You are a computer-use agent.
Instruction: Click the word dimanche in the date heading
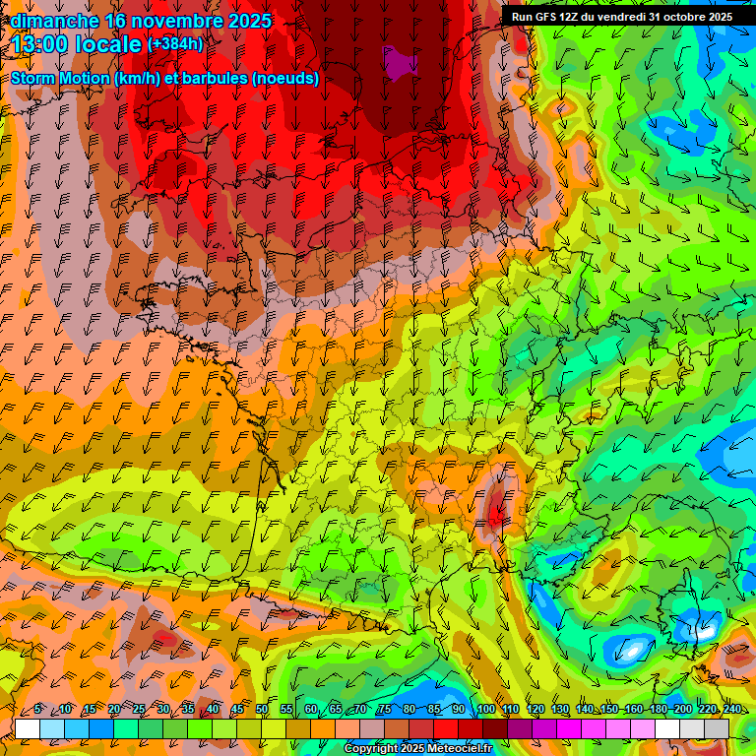[54, 21]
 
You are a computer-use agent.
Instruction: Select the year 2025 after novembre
[246, 21]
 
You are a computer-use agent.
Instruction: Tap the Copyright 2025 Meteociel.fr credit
[417, 749]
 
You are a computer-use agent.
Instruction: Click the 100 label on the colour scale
[485, 709]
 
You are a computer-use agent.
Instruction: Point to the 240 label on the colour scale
[731, 709]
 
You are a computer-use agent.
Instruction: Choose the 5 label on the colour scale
[37, 709]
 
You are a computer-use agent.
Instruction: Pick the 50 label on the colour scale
[262, 709]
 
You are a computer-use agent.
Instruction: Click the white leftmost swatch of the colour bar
[27, 727]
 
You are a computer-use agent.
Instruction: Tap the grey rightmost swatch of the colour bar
[717, 727]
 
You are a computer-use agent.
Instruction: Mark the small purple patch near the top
[399, 63]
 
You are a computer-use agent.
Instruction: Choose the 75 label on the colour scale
[385, 709]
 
